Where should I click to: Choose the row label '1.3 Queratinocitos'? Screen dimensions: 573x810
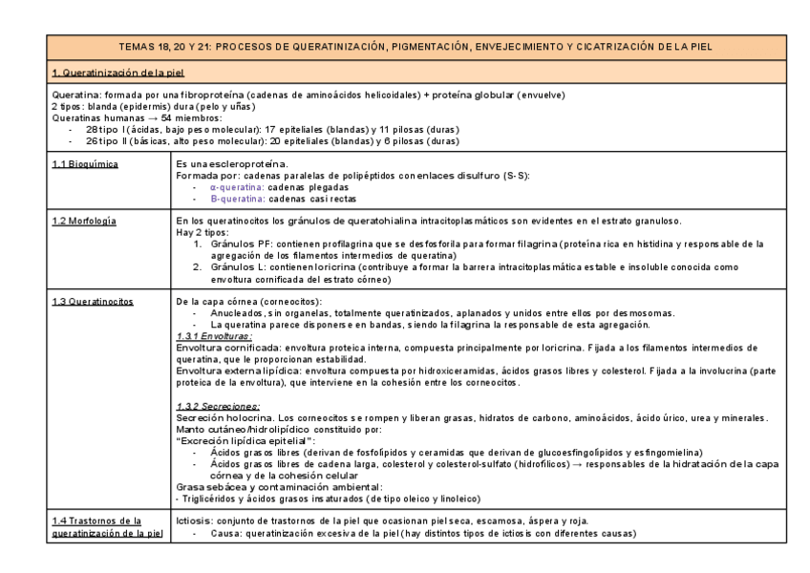coord(93,302)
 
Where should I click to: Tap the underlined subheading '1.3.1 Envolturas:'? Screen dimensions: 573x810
coord(214,337)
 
